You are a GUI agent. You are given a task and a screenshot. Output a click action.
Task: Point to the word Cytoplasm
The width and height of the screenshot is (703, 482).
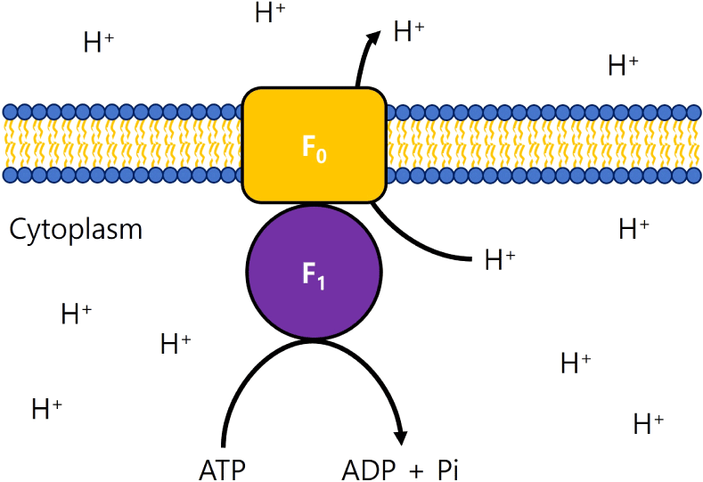coord(76,229)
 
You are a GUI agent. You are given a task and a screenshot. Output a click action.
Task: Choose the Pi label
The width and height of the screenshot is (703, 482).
coord(447,468)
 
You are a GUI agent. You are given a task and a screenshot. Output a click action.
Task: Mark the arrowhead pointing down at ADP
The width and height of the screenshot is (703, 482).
coord(401,437)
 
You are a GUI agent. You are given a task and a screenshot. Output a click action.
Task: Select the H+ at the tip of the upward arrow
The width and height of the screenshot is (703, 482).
coord(408,32)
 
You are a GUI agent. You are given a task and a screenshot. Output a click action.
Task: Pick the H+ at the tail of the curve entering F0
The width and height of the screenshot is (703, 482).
coord(500,259)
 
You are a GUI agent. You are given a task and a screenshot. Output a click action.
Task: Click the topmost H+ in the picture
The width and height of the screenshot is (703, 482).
coord(270,12)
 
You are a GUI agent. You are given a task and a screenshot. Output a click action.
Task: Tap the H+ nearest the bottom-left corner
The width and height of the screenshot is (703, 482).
coord(46,409)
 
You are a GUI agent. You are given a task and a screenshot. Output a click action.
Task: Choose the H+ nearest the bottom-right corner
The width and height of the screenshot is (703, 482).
coord(649,423)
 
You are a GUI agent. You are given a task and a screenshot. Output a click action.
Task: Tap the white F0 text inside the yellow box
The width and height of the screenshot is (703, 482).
coord(314,148)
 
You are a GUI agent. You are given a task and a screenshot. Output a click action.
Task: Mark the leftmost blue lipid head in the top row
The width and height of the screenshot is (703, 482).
coord(10,111)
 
